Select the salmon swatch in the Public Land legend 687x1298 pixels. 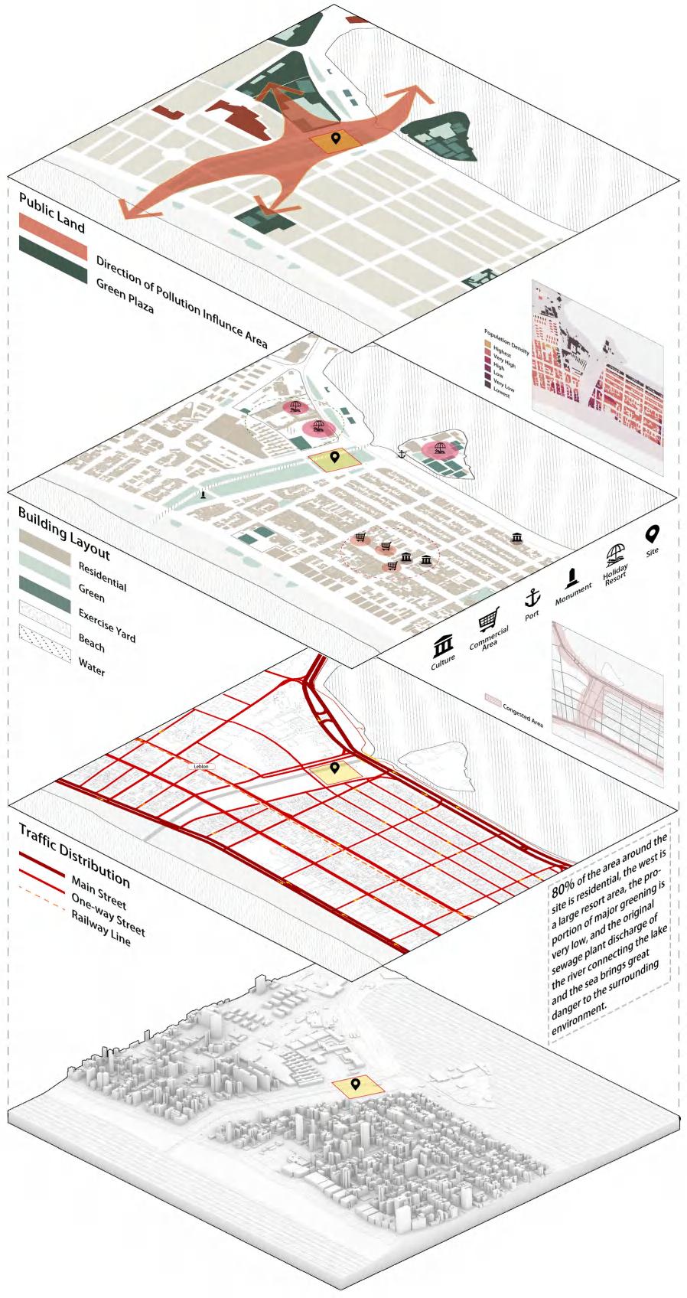53,241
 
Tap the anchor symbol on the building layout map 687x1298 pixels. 399,455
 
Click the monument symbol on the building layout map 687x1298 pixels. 203,495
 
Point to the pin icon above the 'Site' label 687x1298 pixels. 653,533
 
